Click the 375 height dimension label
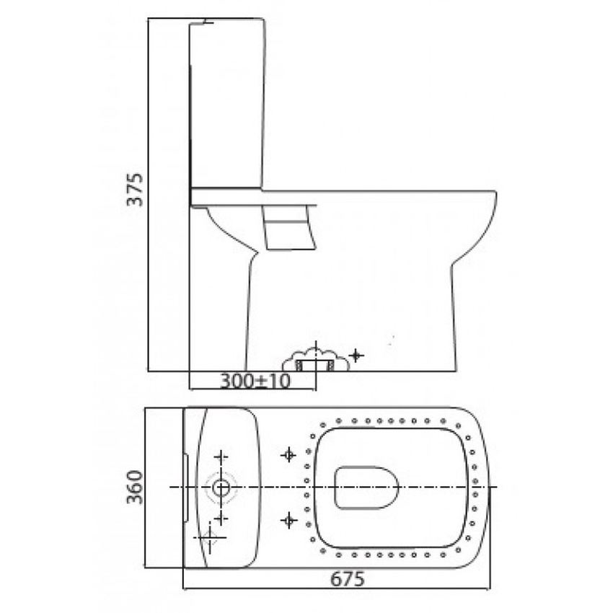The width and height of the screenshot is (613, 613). [x=135, y=189]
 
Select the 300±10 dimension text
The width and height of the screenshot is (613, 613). [x=255, y=382]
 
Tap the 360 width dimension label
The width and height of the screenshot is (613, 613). [x=135, y=487]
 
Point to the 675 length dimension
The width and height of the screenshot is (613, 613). [x=348, y=579]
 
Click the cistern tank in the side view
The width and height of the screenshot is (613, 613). [x=226, y=105]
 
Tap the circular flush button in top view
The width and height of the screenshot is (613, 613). [x=221, y=488]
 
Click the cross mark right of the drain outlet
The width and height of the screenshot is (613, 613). [x=355, y=355]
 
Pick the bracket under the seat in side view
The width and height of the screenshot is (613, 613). [x=290, y=226]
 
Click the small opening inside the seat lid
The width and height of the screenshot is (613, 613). [x=367, y=488]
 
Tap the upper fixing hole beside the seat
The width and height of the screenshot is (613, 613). [x=288, y=454]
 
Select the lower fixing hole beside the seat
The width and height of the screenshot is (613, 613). [x=288, y=519]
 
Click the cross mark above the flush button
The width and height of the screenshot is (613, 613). [x=221, y=457]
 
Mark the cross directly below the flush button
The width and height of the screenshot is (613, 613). [x=221, y=519]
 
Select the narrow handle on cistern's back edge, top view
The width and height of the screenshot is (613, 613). [x=187, y=487]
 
